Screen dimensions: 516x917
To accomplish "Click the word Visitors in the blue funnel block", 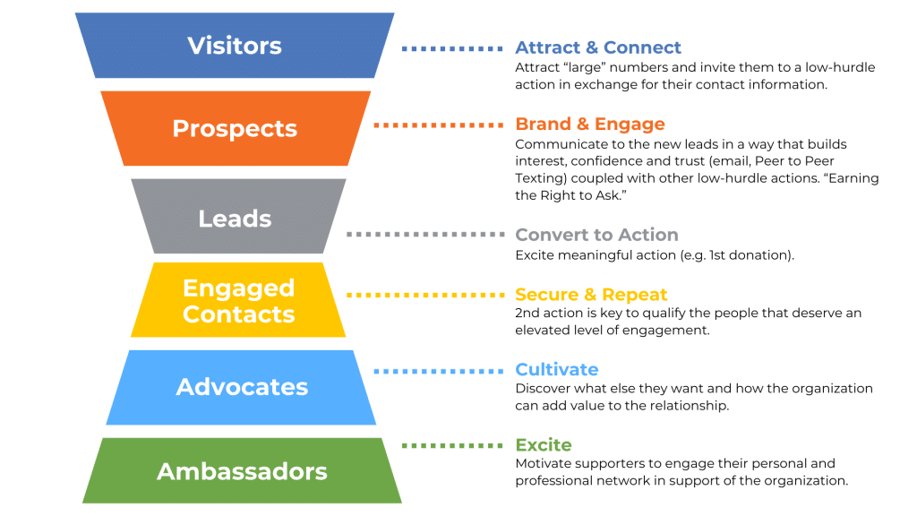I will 235,46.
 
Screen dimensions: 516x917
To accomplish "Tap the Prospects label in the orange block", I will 235,128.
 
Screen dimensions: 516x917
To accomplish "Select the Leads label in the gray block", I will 235,218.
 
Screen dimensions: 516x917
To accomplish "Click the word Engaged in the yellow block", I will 238,288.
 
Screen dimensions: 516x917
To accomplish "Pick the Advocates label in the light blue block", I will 242,387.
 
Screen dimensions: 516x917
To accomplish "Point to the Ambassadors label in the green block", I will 242,471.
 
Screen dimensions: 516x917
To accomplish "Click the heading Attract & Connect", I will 598,47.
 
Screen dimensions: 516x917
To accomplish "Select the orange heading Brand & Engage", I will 590,124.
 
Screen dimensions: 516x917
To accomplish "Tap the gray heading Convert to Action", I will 596,235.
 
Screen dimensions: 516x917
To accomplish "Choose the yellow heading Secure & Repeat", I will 591,295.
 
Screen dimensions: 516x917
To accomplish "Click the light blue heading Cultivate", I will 556,369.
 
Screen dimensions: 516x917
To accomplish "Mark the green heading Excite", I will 543,444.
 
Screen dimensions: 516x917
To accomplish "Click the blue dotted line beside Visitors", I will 452,48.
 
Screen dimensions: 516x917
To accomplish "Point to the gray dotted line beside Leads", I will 424,235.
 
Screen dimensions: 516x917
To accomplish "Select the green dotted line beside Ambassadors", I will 452,445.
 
